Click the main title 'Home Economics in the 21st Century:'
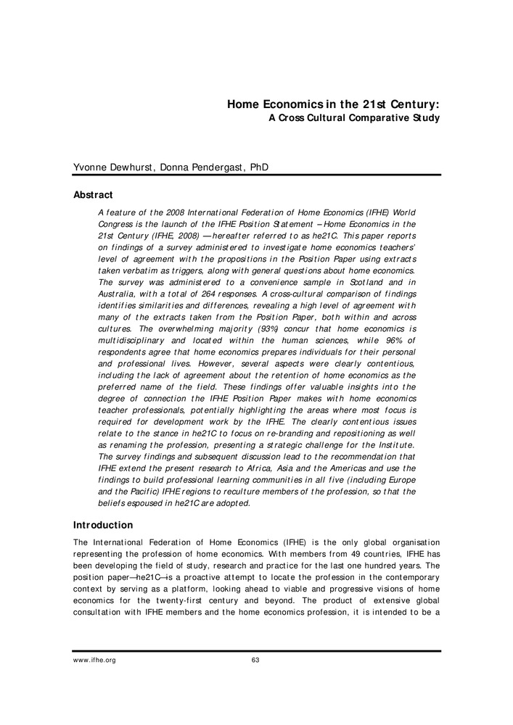click(x=334, y=104)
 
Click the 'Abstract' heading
click(x=94, y=194)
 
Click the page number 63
click(x=255, y=660)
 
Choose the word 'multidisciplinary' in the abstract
click(x=134, y=312)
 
